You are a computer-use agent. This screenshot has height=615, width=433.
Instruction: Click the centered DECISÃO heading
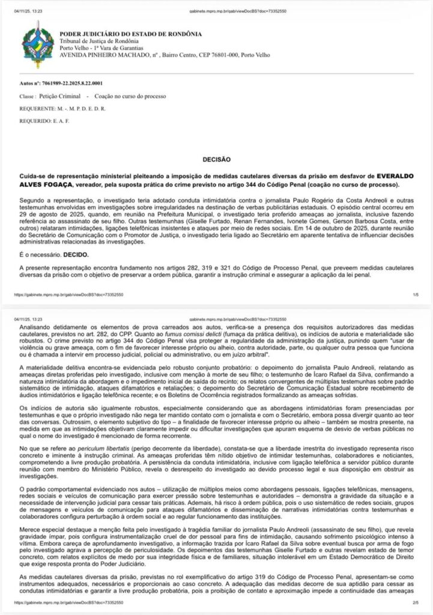point(217,160)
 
